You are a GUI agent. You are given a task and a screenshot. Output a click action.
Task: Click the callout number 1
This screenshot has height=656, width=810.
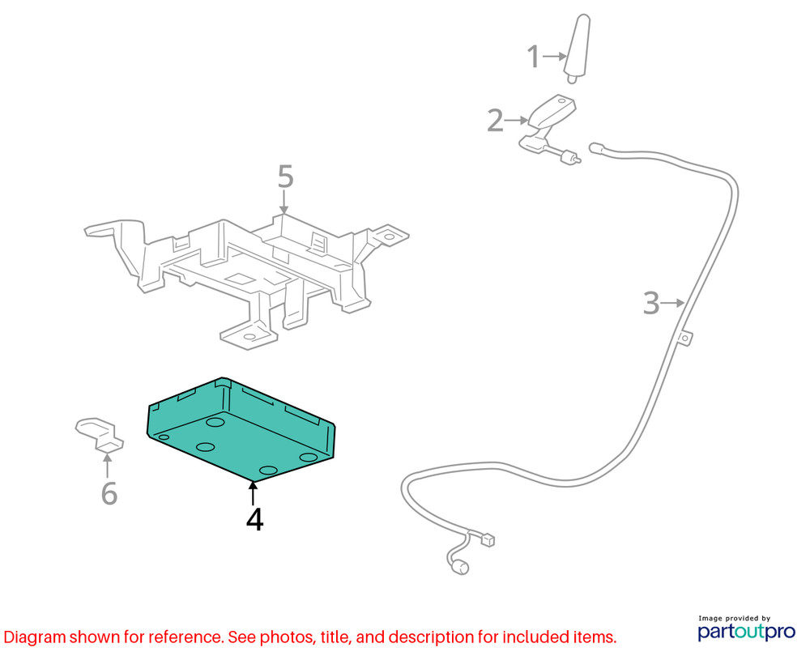pos(533,57)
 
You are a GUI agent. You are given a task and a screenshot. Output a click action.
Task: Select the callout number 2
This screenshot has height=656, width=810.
pos(495,121)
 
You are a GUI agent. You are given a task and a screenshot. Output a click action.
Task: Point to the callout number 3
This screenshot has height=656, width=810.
pos(651,303)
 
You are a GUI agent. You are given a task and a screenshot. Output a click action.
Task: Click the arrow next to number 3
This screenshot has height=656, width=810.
pos(673,303)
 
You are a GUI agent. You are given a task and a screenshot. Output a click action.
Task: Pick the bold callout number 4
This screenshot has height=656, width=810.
pos(254,520)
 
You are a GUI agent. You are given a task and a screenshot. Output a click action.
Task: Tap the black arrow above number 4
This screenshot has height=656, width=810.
pos(253,492)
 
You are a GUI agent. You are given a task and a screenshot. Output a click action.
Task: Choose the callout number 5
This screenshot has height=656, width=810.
pos(286,177)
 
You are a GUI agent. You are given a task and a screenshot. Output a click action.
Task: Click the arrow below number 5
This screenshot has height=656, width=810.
pos(283,202)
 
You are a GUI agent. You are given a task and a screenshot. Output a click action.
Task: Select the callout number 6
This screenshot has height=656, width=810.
pos(109,493)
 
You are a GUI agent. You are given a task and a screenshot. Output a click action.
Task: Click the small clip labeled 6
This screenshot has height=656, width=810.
pos(100,434)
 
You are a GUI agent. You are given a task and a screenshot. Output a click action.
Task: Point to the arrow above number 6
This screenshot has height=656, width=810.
pos(108,465)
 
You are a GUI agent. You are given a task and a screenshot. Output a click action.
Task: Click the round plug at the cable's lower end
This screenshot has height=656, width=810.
pos(458,567)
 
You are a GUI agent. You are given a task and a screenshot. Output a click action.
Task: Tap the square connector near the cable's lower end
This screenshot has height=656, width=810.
pos(488,540)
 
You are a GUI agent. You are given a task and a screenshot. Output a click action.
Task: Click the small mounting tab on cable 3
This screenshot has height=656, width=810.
pos(685,338)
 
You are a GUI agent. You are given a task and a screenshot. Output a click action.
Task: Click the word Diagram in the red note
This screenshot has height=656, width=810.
pos(35,637)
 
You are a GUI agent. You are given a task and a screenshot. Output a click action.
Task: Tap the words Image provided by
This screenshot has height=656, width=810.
pos(734,618)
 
